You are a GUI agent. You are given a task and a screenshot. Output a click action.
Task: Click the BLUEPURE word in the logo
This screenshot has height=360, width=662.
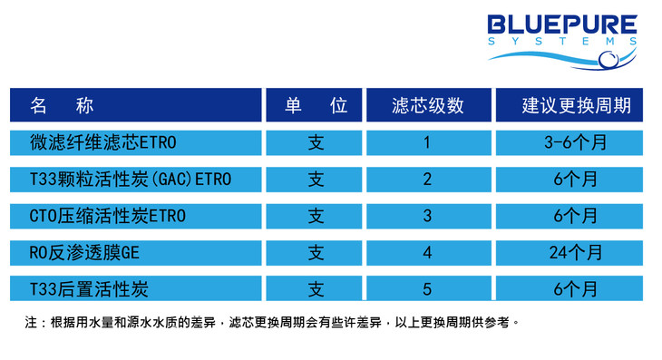point(562,24)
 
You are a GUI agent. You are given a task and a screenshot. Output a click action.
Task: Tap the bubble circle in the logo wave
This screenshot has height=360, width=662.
point(608,59)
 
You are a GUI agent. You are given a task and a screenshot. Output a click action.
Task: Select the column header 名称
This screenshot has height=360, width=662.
point(62,105)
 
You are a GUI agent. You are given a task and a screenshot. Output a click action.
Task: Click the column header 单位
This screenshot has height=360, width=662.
point(316,105)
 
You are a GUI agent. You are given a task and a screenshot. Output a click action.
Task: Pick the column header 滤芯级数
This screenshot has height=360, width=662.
point(428,105)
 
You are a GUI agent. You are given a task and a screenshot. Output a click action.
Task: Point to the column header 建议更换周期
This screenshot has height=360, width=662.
point(576,105)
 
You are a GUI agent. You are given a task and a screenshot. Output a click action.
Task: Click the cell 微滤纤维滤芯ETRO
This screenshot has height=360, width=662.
point(103,142)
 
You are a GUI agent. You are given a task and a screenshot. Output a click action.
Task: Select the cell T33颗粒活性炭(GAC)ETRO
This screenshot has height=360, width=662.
point(131,180)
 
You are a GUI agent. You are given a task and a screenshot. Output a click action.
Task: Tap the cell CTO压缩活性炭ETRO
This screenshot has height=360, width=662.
point(108,216)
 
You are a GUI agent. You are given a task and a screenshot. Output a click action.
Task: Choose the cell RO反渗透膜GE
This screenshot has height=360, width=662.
point(84,253)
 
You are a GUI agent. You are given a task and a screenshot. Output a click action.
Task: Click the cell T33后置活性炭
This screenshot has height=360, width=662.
point(89,289)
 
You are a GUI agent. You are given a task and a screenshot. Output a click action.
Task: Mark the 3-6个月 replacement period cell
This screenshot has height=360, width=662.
point(576,142)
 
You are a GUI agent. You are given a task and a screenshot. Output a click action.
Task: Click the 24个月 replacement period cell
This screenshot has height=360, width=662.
point(576,253)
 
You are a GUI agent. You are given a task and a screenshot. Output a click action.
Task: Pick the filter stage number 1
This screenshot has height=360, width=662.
point(427,142)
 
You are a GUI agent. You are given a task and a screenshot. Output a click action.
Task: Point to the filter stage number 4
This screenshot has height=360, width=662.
point(427,253)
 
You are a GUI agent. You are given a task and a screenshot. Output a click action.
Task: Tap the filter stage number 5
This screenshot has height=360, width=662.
point(427,289)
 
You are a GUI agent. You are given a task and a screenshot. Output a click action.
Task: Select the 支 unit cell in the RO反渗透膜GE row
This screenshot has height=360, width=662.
point(316,253)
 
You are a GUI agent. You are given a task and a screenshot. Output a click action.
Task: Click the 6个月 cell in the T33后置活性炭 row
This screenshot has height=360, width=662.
point(576,289)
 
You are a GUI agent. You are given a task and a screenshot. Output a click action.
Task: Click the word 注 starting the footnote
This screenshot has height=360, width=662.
point(31,323)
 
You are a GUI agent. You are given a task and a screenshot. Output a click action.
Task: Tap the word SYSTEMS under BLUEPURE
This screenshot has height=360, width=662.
point(562,42)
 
